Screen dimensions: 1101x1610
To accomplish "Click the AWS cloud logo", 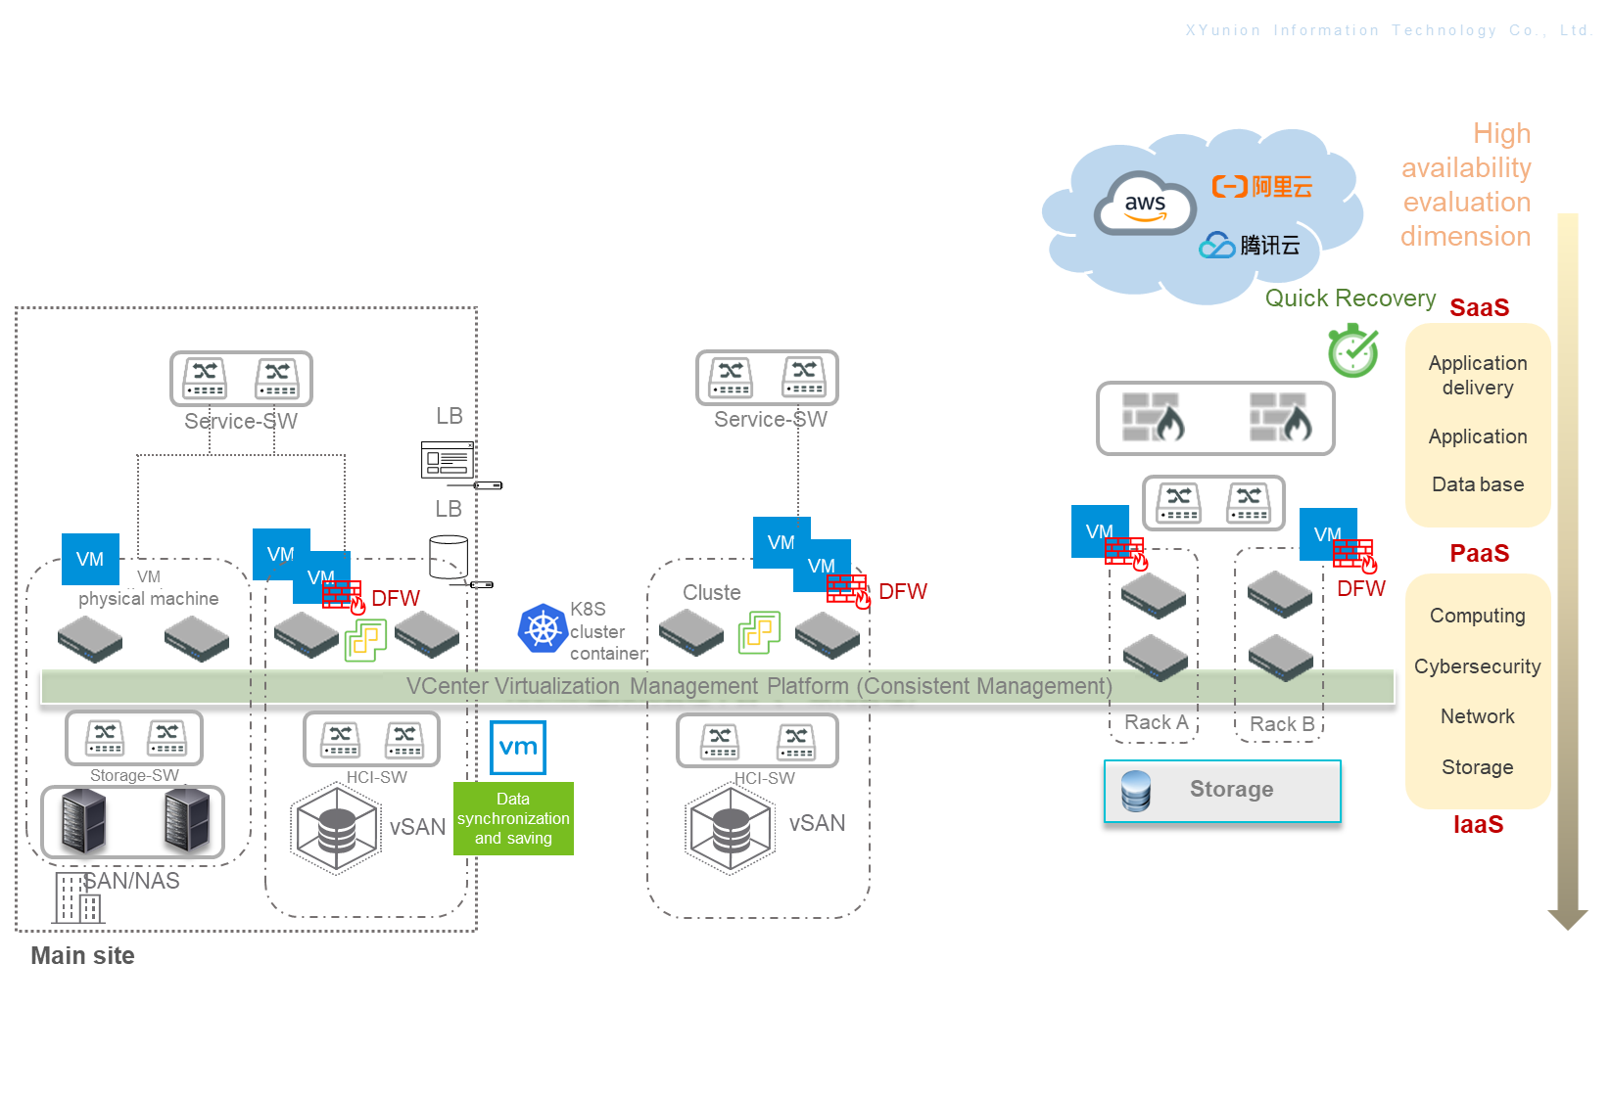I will (x=1145, y=205).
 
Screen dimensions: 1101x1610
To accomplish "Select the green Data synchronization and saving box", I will (x=513, y=818).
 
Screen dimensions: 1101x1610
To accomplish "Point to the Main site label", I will (x=82, y=955).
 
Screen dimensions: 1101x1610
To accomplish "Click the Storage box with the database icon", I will (x=1222, y=791).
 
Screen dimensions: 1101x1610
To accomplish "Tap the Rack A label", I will (x=1156, y=722).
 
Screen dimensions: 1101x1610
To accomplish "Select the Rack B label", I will (x=1281, y=724).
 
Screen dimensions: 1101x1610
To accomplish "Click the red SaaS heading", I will (x=1479, y=307).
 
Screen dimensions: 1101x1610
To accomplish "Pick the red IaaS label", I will (x=1478, y=824).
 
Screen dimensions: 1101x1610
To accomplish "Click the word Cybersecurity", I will (x=1477, y=666).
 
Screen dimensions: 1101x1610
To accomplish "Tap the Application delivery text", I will (x=1477, y=375).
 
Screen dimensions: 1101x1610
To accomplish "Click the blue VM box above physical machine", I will (x=90, y=559).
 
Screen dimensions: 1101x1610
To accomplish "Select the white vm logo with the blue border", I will (x=518, y=748).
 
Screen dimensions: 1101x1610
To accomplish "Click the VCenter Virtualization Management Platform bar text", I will (x=759, y=686).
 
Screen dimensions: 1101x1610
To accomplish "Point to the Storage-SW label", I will (x=134, y=775).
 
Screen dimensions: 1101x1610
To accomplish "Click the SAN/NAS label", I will (x=132, y=881).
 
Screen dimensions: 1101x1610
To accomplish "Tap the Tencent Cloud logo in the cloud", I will (x=1249, y=245).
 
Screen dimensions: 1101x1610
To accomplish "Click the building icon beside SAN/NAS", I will (x=78, y=898).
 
